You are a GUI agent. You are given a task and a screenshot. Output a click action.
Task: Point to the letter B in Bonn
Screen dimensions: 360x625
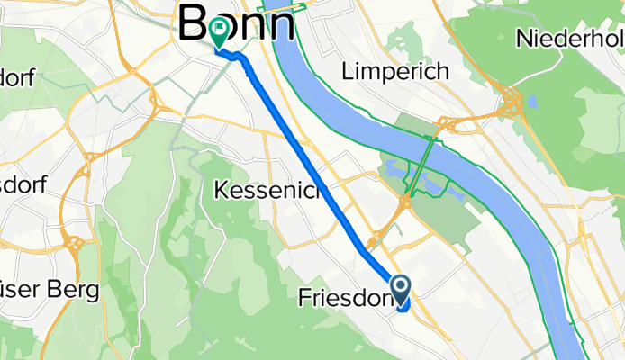pos(196,22)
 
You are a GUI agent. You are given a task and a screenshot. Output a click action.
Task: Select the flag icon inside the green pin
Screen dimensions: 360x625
pos(219,28)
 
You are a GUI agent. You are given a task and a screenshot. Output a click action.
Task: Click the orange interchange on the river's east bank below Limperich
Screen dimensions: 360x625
pos(445,125)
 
